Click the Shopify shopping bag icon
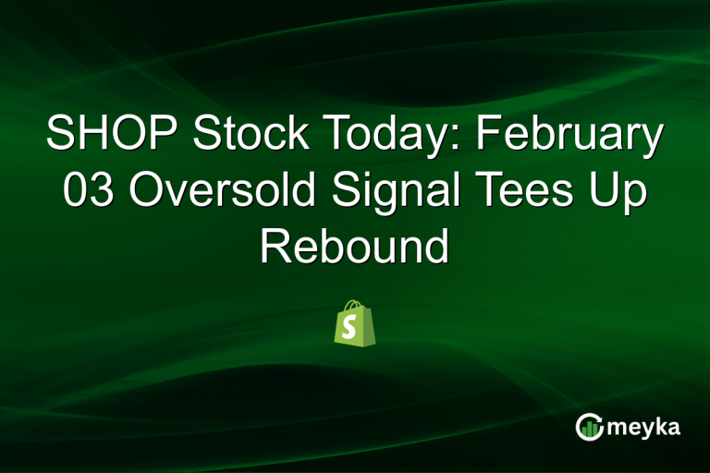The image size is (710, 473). pyautogui.click(x=355, y=326)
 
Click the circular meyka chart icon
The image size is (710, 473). pyautogui.click(x=589, y=427)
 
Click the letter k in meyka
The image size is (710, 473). pyautogui.click(x=658, y=428)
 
